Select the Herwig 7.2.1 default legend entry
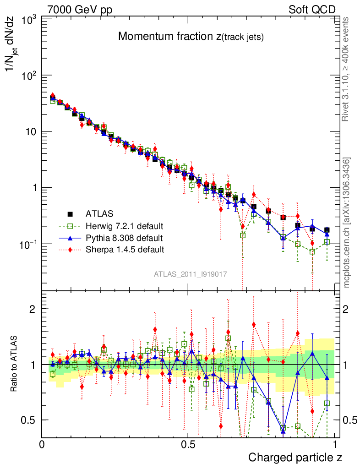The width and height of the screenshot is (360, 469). (125, 226)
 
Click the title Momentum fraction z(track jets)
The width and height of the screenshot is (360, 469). (191, 37)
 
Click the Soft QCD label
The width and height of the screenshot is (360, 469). (312, 10)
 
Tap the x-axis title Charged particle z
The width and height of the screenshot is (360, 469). (295, 457)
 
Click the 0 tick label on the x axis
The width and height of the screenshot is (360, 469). (42, 445)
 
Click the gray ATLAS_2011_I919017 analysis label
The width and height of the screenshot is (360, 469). (191, 274)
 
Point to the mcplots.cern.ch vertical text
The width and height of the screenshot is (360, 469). (347, 223)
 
